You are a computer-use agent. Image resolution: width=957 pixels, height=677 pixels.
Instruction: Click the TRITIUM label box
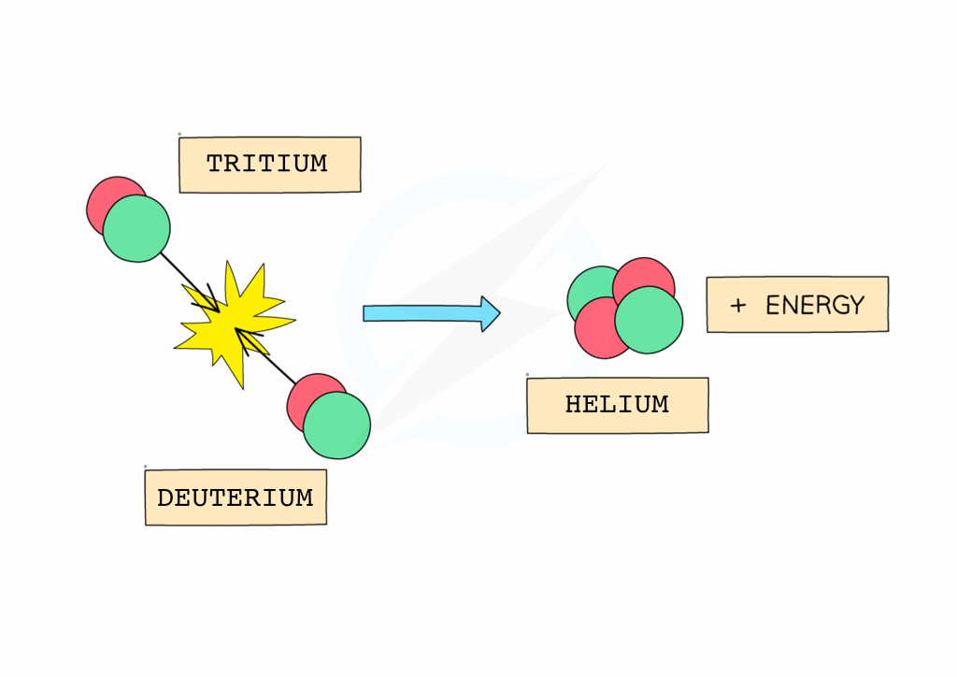[x=269, y=165]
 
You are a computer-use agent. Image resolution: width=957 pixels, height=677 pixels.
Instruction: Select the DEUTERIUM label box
[x=236, y=497]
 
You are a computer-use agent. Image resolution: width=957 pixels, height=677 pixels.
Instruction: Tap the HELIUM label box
[x=617, y=405]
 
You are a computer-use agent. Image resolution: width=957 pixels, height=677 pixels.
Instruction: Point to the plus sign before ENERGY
[x=738, y=306]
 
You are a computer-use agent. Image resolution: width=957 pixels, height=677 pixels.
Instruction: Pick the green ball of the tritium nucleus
[x=136, y=228]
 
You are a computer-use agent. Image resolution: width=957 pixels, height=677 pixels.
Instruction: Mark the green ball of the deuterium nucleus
[x=336, y=425]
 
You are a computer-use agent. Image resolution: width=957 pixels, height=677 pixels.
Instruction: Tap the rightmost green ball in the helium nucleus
[x=649, y=320]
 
